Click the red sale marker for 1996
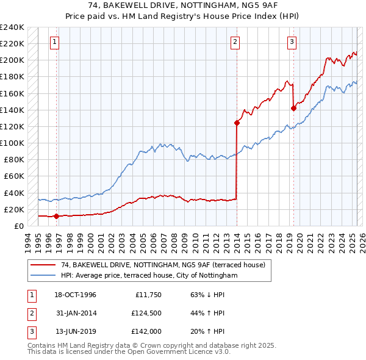click(56, 216)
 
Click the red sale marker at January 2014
click(237, 123)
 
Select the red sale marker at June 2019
click(293, 109)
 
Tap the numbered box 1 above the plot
click(55, 42)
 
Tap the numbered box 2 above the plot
click(235, 42)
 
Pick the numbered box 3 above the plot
click(292, 42)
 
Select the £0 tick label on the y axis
click(18, 226)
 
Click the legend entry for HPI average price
click(148, 276)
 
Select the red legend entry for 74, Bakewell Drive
click(163, 265)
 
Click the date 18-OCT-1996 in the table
click(76, 295)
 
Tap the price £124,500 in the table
click(146, 314)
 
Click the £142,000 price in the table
click(146, 332)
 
